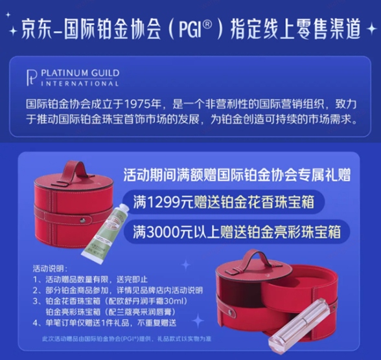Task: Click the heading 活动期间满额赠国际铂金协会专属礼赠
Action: pos(237,175)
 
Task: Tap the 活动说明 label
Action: pos(48,268)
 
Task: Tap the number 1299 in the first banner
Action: pos(167,203)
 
